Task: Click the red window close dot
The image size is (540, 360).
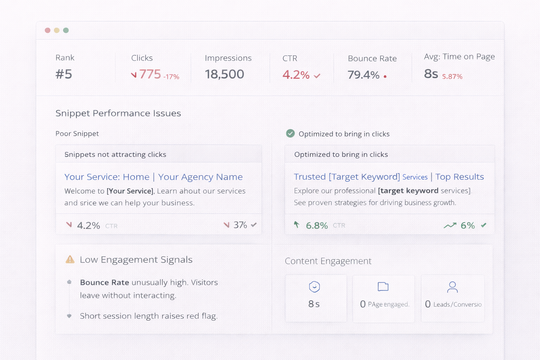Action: click(x=47, y=30)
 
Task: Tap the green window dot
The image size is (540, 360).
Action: click(x=66, y=30)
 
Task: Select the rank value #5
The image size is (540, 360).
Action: click(x=64, y=74)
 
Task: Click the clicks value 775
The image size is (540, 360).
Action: click(x=150, y=74)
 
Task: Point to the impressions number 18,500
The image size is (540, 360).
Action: click(x=224, y=74)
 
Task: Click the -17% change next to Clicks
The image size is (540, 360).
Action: click(x=171, y=77)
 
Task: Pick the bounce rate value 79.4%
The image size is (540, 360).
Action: click(x=364, y=75)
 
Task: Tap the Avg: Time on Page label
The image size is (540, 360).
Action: click(x=459, y=57)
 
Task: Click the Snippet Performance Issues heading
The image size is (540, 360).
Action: click(x=118, y=113)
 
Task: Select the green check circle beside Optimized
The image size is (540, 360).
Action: click(x=290, y=133)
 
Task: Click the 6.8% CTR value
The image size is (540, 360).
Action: click(x=317, y=225)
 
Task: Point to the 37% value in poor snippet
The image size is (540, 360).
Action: click(x=240, y=225)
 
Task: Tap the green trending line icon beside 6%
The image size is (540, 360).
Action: click(x=450, y=225)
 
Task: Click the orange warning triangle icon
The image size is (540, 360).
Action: click(x=70, y=259)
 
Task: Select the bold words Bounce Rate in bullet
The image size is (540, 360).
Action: click(x=104, y=282)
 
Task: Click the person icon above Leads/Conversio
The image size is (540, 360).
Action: click(x=452, y=287)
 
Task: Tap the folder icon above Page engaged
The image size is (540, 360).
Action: click(x=383, y=287)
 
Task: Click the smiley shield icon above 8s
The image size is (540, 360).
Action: click(x=314, y=287)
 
